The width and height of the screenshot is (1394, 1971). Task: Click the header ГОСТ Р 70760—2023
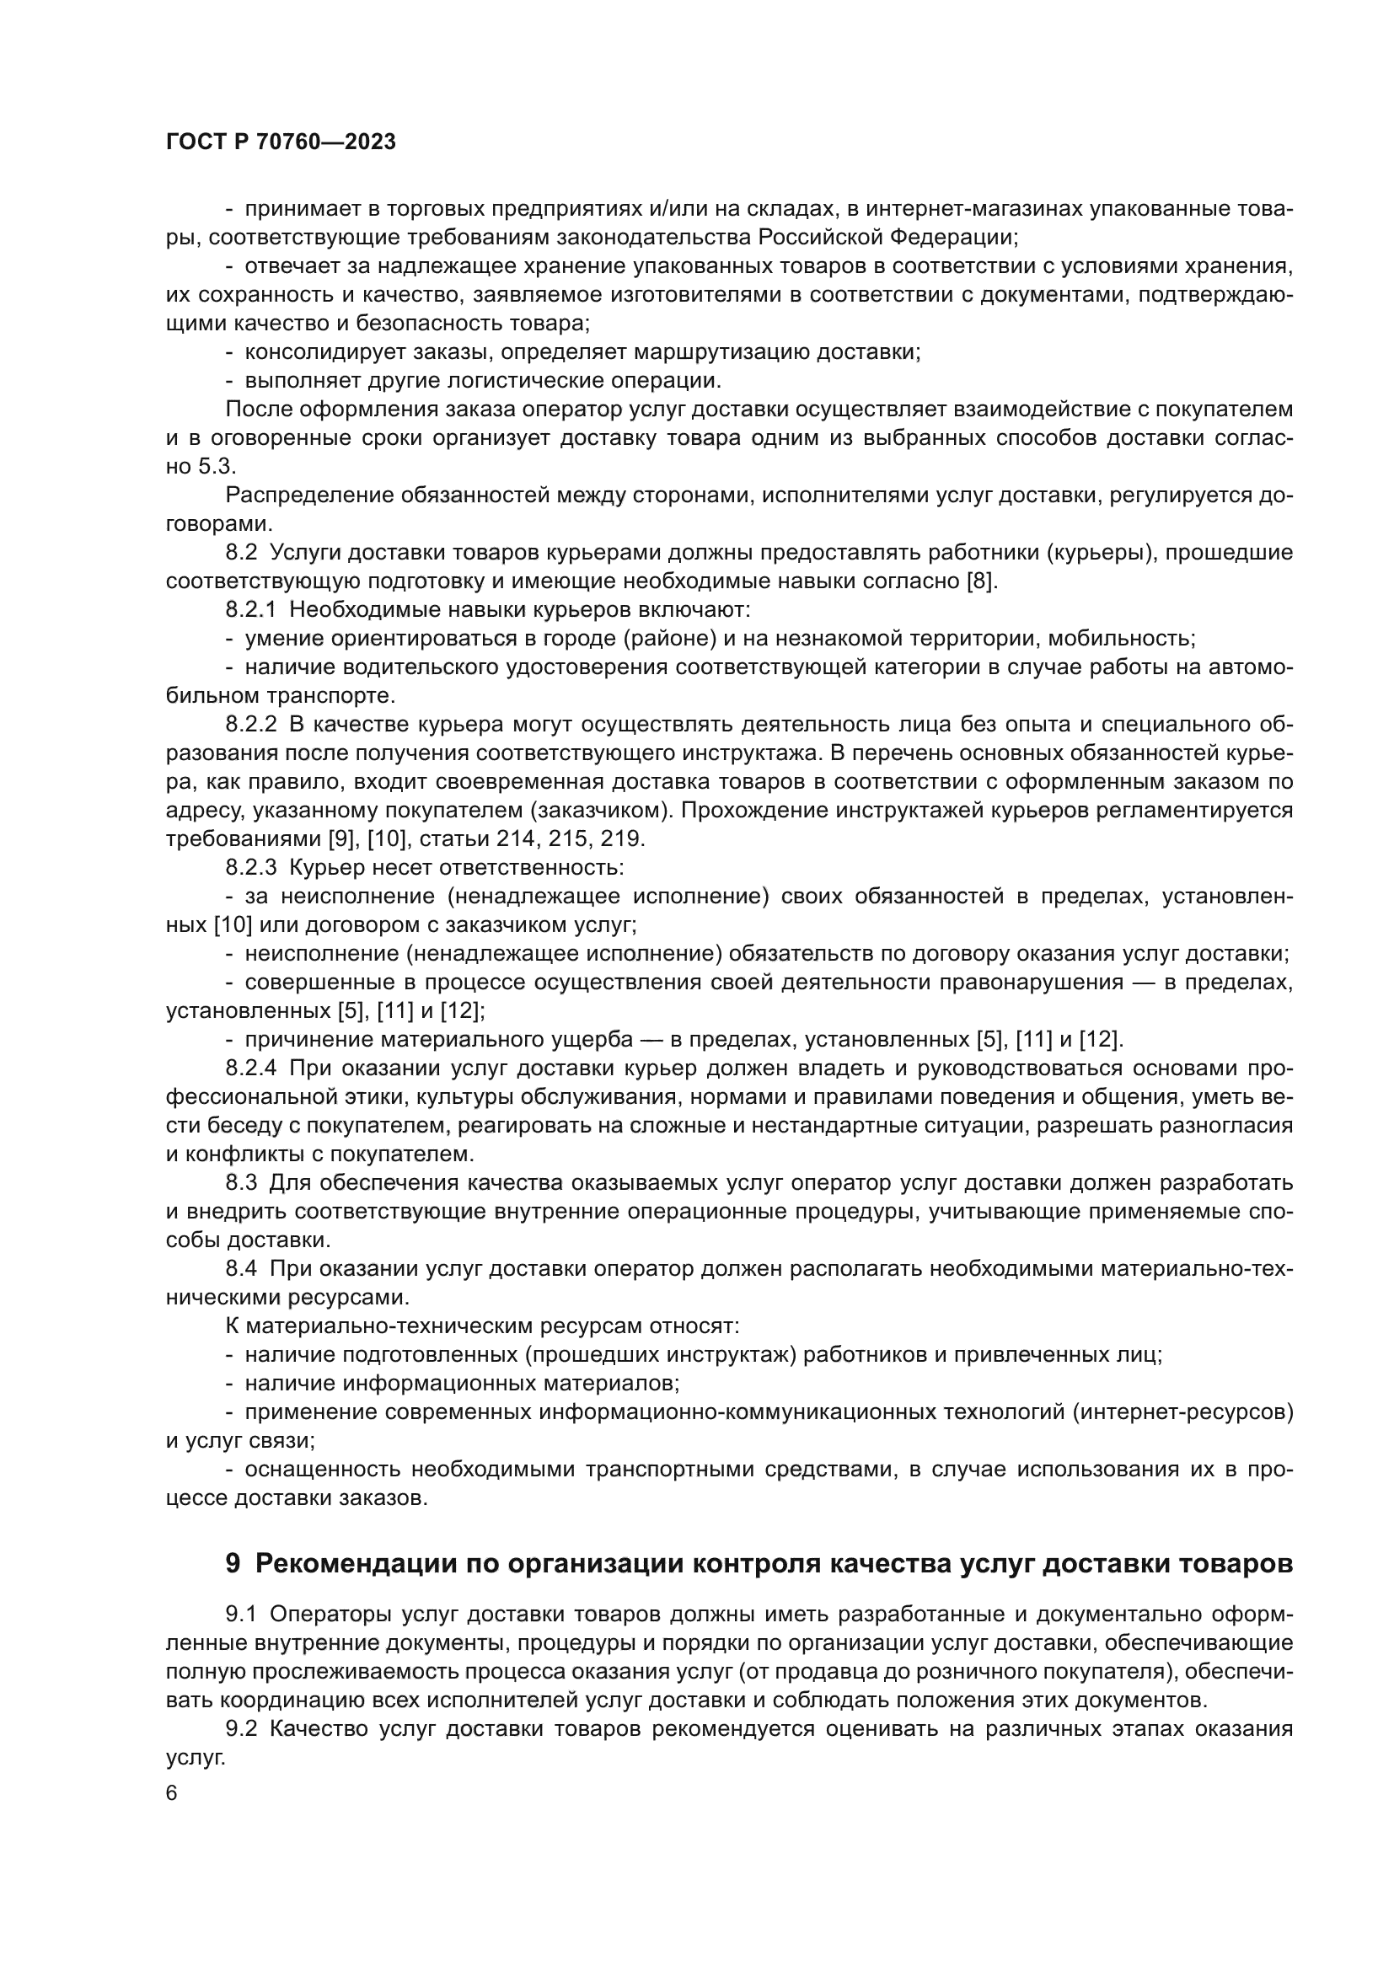(x=281, y=142)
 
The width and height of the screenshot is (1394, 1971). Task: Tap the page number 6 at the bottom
(x=172, y=1793)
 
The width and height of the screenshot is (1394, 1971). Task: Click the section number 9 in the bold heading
(x=233, y=1563)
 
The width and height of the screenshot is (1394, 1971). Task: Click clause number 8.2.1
(x=250, y=609)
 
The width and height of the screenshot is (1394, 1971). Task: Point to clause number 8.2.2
(x=250, y=725)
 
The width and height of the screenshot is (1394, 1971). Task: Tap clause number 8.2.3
(x=250, y=867)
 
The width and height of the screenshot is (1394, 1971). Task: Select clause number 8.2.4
(x=250, y=1068)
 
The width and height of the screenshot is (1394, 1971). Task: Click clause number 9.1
(x=241, y=1614)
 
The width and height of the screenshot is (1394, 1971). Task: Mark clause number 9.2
(x=241, y=1728)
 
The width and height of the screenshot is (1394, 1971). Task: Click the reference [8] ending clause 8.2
(x=980, y=581)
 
